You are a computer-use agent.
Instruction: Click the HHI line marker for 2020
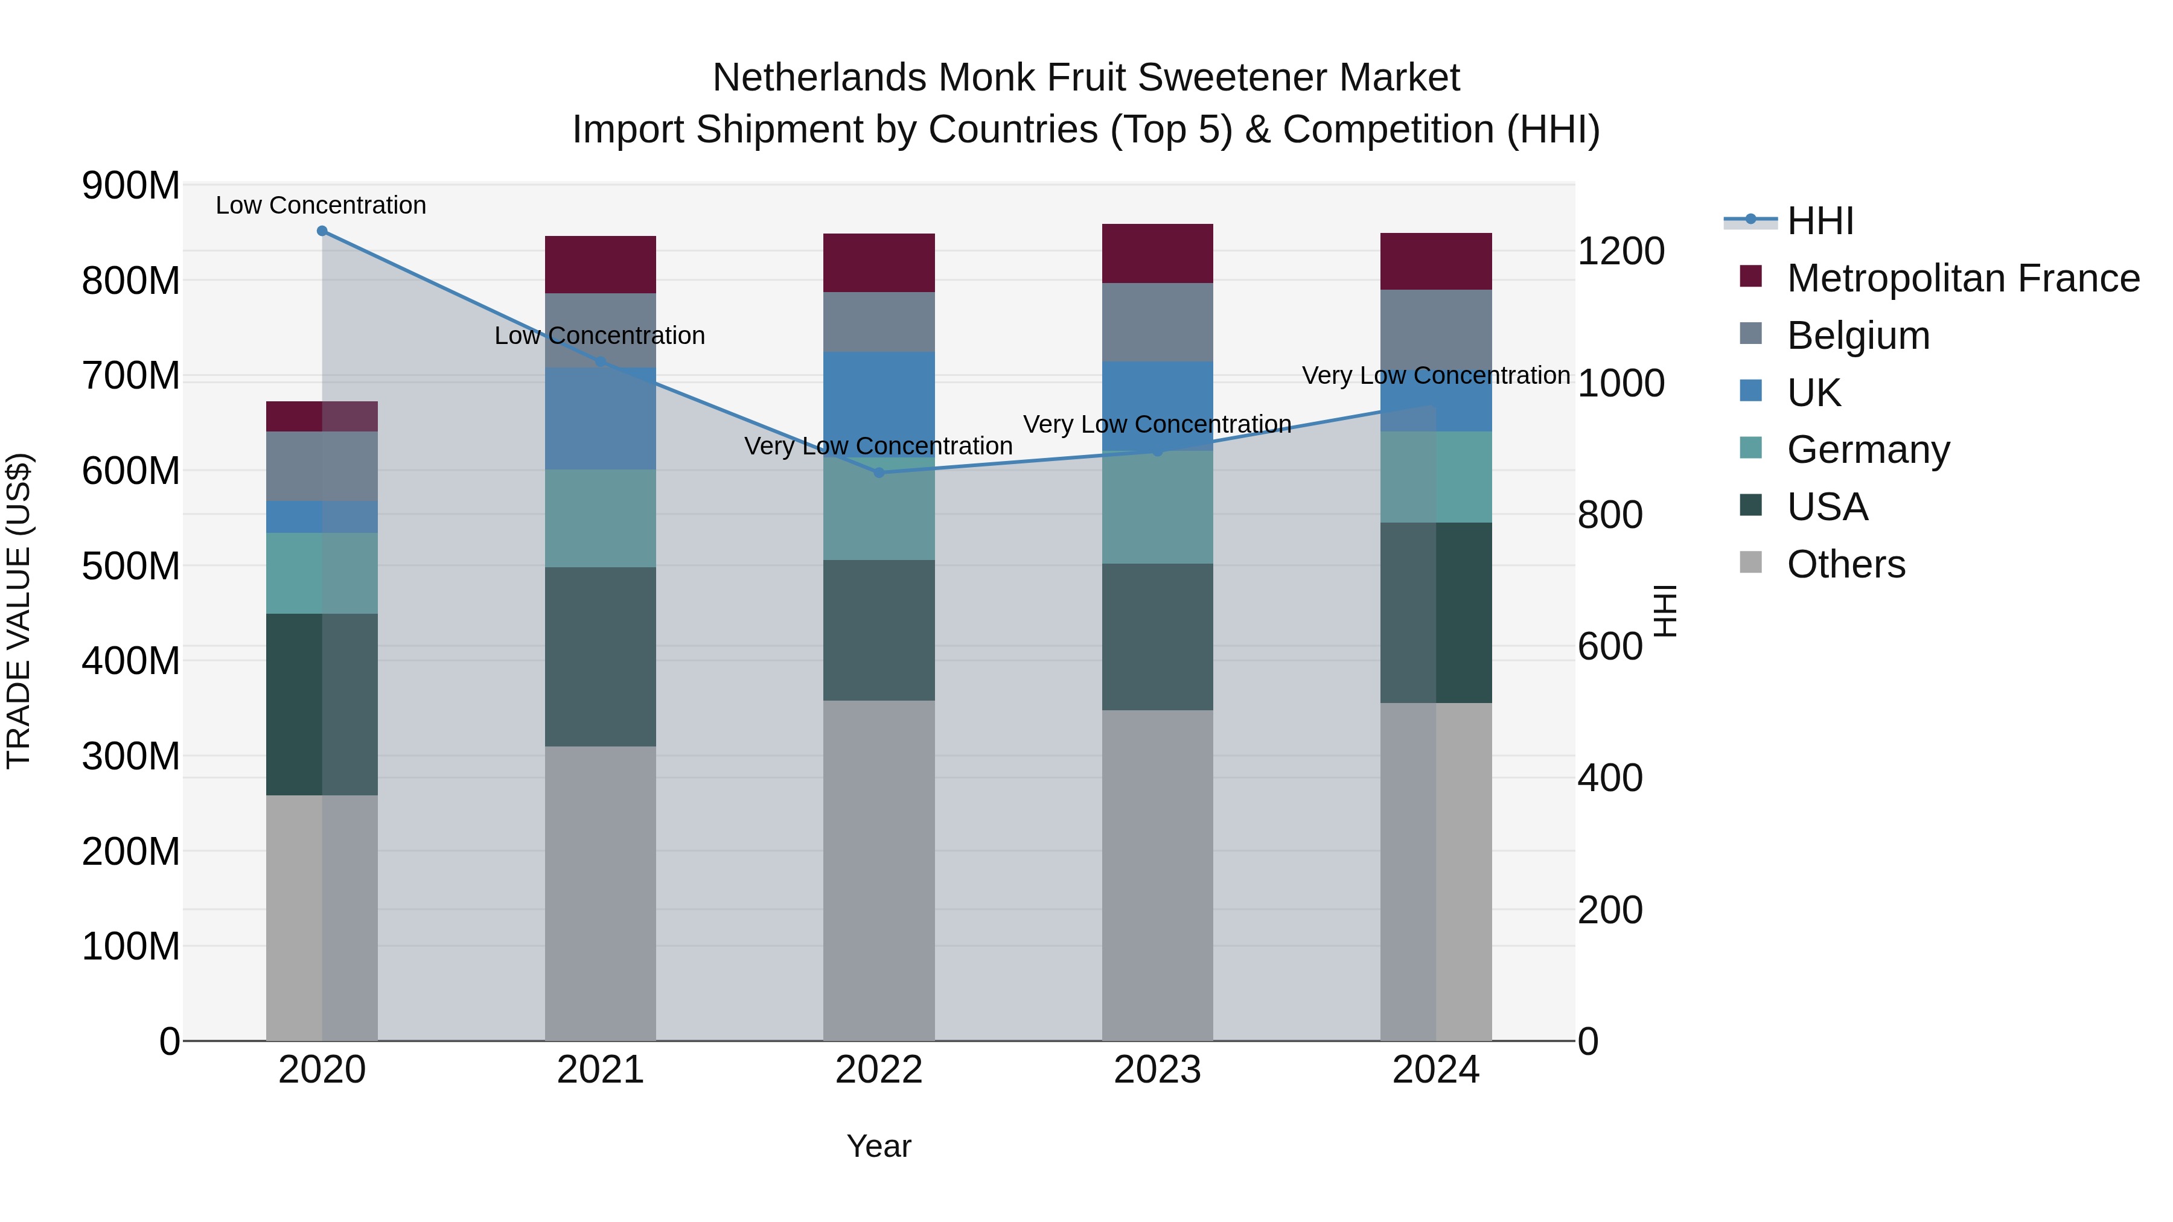(322, 231)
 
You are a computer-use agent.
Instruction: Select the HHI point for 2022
(879, 473)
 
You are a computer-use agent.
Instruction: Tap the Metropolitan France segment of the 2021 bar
(601, 265)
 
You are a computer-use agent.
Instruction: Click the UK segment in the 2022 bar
(879, 396)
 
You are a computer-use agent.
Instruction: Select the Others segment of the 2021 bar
(601, 894)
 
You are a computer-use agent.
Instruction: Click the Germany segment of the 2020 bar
(322, 573)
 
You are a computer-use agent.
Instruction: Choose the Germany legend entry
(1868, 450)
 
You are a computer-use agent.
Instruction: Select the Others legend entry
(1846, 564)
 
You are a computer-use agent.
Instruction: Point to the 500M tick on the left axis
(131, 566)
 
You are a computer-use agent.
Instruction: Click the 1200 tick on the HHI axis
(1621, 251)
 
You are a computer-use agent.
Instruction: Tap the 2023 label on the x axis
(1157, 1070)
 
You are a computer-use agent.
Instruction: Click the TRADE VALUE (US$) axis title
(19, 611)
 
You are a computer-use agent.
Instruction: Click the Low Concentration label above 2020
(321, 206)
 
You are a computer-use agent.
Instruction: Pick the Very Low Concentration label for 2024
(1436, 376)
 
